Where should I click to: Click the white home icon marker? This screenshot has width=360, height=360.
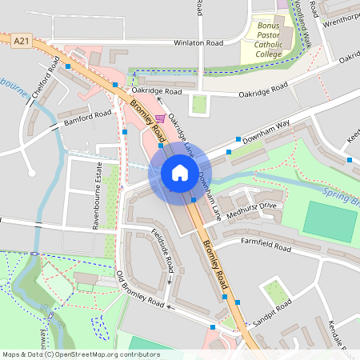click(x=179, y=173)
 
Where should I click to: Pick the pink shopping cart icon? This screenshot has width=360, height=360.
click(x=160, y=118)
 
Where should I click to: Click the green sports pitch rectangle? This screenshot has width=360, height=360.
click(x=330, y=218)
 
